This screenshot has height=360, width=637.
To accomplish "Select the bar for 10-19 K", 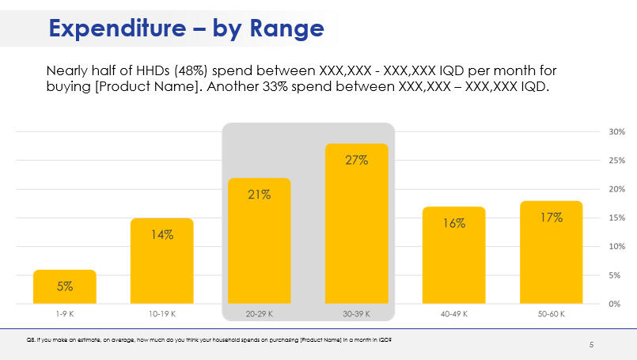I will [162, 261].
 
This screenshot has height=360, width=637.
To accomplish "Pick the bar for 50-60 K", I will [551, 252].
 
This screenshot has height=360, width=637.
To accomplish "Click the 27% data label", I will [356, 161].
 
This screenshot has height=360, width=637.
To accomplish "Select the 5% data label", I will [65, 286].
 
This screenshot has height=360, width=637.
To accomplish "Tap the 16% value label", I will [453, 223].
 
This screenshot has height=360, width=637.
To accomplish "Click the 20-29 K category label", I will [260, 314].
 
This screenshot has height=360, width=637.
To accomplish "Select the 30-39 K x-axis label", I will [356, 314].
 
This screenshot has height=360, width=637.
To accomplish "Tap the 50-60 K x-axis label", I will [551, 314].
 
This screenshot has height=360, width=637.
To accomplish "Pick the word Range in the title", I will [286, 28].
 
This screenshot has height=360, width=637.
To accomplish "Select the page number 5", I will [591, 345].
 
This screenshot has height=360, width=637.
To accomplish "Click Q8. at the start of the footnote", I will [31, 339].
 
